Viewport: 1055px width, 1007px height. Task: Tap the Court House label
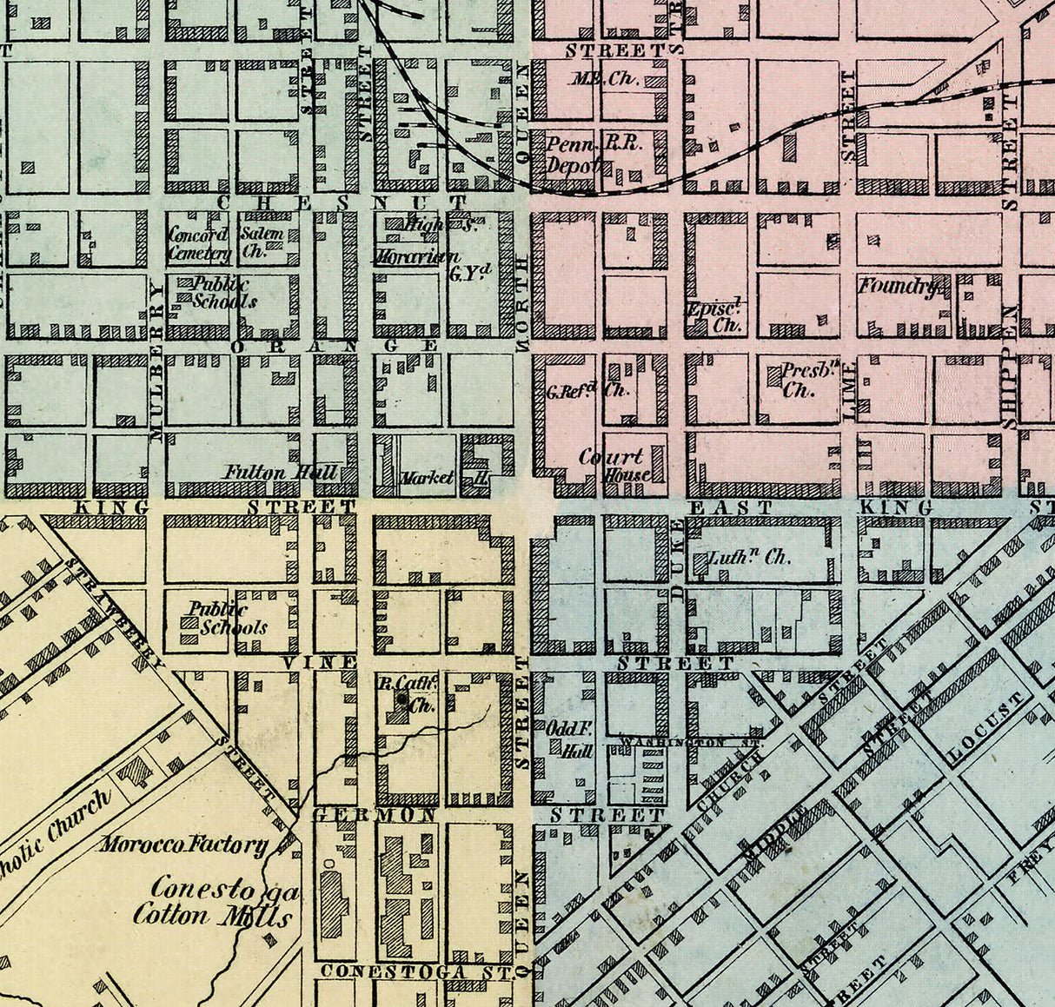pyautogui.click(x=614, y=465)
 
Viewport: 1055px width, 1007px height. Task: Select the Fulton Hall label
pyautogui.click(x=267, y=474)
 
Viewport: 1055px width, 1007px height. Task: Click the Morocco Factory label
pyautogui.click(x=183, y=844)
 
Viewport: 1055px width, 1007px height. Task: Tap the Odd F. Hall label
pyautogui.click(x=569, y=739)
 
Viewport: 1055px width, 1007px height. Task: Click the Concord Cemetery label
pyautogui.click(x=198, y=244)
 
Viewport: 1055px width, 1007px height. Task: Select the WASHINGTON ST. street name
pyautogui.click(x=690, y=744)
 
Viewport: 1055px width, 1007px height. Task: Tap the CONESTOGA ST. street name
pyautogui.click(x=415, y=971)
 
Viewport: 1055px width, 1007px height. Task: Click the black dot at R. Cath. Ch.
pyautogui.click(x=401, y=697)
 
